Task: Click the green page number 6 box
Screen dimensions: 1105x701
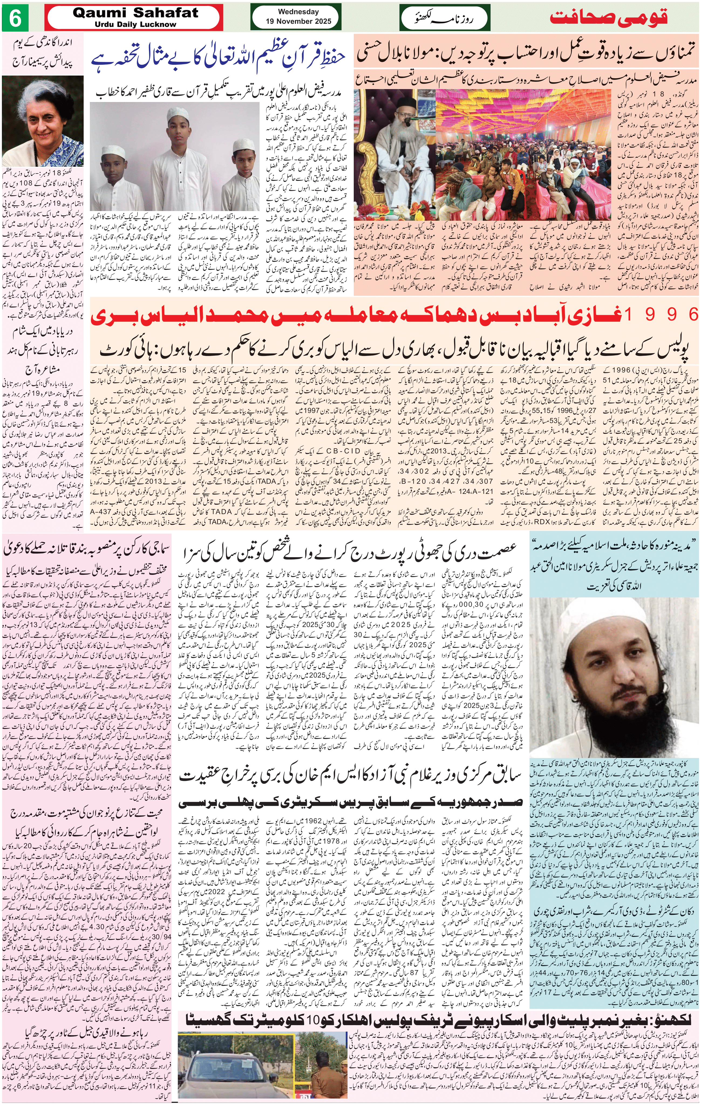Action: [16, 18]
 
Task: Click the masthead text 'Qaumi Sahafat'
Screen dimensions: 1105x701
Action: [135, 13]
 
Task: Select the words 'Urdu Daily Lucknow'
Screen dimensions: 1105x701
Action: [135, 24]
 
